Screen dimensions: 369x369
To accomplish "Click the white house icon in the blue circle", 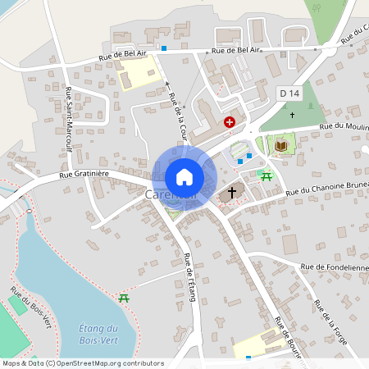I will click(184, 176).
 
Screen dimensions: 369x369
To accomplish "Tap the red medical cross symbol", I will click(230, 121).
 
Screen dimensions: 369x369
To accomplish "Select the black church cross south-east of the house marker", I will click(231, 192).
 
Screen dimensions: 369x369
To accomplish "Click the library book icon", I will click(281, 145).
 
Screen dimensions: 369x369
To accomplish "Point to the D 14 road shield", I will click(288, 93).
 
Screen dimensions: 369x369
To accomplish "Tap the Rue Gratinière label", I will click(84, 175).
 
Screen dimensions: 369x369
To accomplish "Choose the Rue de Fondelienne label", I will click(335, 266).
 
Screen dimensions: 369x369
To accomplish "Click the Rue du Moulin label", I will click(344, 125).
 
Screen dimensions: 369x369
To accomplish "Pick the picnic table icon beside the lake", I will click(124, 298).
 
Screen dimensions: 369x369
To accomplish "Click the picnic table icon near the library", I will click(266, 175).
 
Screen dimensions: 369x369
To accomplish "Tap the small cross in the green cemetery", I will click(292, 115).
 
